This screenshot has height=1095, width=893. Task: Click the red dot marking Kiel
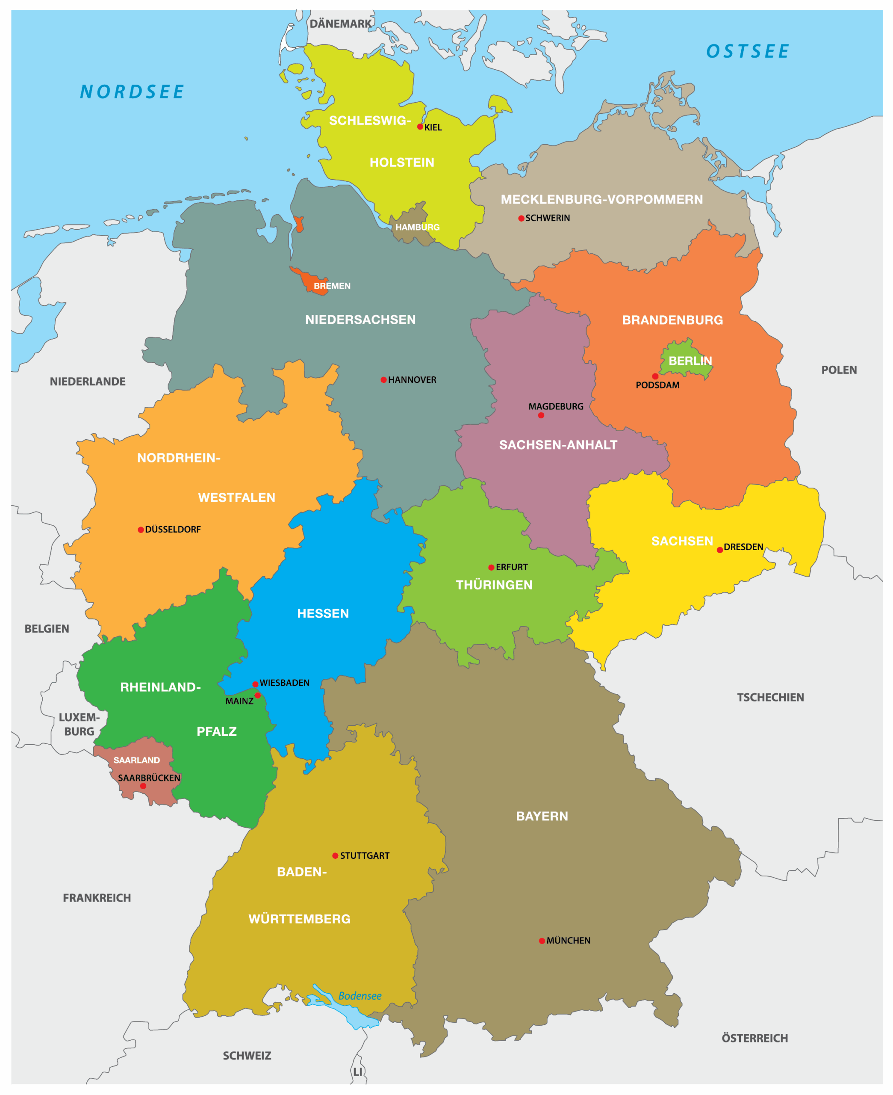point(420,127)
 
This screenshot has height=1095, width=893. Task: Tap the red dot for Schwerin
point(521,218)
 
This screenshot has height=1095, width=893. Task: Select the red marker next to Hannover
point(383,380)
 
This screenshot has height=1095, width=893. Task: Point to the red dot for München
point(542,941)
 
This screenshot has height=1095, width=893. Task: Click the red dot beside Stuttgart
point(335,856)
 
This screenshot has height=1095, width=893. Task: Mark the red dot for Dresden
point(719,550)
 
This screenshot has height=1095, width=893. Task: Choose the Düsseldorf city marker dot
point(141,530)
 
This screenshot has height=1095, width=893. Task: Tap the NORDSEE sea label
point(132,92)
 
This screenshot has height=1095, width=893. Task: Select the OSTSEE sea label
point(747,51)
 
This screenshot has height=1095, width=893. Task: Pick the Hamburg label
point(417,227)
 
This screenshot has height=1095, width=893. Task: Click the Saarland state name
point(136,760)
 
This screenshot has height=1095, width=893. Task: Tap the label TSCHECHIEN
point(769,697)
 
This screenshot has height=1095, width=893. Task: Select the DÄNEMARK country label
point(340,24)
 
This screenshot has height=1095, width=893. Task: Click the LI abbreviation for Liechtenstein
point(357,1071)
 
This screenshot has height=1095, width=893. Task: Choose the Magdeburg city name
point(556,406)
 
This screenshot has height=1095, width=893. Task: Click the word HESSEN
point(323,613)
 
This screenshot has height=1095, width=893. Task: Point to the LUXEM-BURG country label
point(79,724)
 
